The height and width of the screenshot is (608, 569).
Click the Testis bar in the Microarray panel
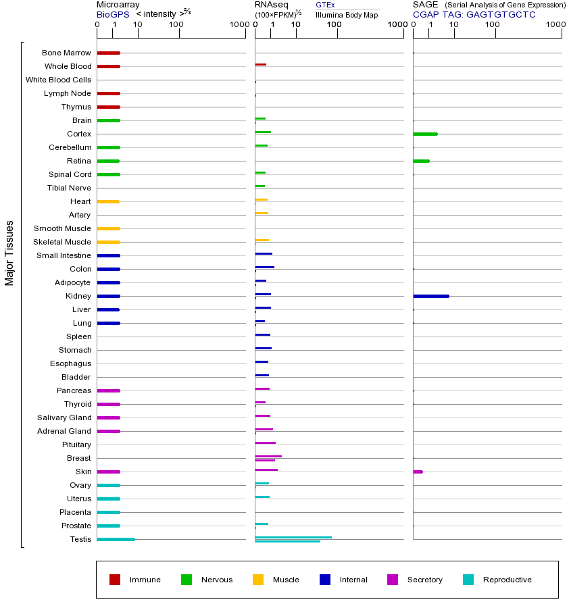(x=116, y=539)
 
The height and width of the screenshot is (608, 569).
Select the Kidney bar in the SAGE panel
(x=430, y=296)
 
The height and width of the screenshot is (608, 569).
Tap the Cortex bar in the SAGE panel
(x=425, y=134)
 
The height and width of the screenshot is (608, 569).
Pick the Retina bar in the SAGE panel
(x=421, y=161)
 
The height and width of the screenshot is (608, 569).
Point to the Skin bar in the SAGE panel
(x=418, y=472)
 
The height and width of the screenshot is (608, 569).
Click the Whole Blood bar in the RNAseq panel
(x=260, y=64)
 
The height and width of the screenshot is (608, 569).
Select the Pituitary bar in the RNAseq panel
(x=265, y=442)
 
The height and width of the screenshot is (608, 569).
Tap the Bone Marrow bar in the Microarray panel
(x=108, y=53)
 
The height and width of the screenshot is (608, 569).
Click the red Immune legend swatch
(x=115, y=580)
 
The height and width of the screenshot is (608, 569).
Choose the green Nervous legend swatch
(x=187, y=580)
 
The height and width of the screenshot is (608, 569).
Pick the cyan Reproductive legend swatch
(x=468, y=580)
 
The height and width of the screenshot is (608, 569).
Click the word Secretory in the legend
(x=424, y=580)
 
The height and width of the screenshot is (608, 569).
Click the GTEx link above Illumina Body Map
(x=325, y=5)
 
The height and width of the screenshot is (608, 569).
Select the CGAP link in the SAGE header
(x=426, y=14)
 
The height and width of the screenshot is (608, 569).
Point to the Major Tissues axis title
(x=9, y=253)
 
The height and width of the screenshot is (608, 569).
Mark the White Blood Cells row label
(x=58, y=80)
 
